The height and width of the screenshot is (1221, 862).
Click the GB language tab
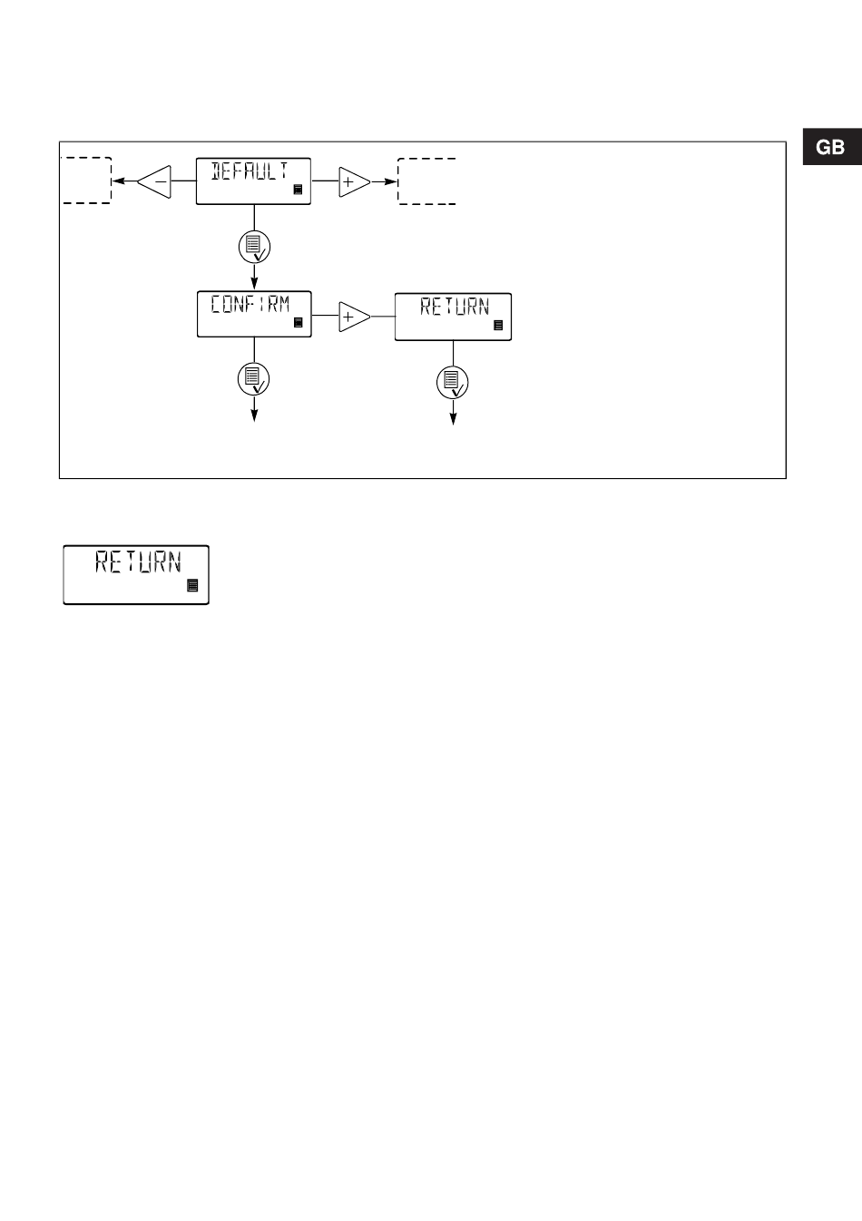click(x=830, y=148)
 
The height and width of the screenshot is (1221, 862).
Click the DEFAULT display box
click(x=253, y=181)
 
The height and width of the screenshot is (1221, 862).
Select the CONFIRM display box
click(x=253, y=314)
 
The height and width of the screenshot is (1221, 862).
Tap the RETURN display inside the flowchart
click(x=453, y=317)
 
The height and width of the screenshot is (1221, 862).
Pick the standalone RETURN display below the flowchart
click(x=136, y=574)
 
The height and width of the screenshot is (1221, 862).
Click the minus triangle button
click(x=156, y=181)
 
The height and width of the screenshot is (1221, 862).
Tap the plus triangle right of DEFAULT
click(x=353, y=181)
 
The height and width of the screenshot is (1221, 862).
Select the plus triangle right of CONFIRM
click(x=353, y=317)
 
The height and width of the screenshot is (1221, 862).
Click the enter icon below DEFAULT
click(x=254, y=221)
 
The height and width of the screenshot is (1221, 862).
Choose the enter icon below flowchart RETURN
click(x=453, y=383)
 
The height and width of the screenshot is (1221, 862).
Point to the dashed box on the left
click(x=86, y=180)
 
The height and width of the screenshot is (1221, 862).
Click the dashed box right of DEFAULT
click(x=426, y=181)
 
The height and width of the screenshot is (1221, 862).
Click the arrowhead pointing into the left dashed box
click(x=116, y=181)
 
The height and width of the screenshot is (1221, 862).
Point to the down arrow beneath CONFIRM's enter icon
click(x=254, y=413)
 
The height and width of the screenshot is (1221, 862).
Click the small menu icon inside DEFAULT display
click(x=298, y=190)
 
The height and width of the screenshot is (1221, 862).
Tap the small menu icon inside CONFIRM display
click(x=298, y=323)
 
